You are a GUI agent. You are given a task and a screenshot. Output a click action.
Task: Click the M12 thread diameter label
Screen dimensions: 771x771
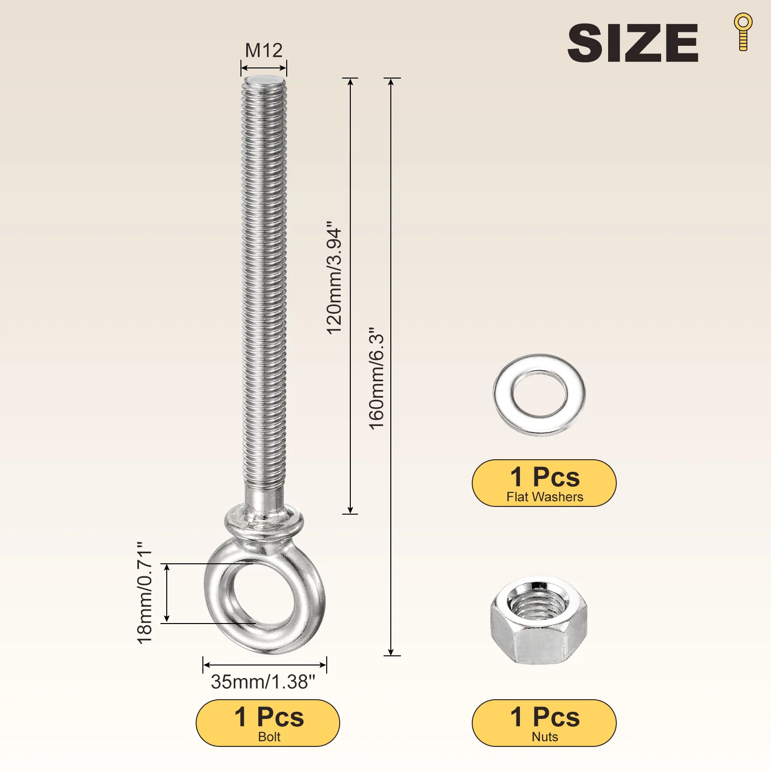coord(264,50)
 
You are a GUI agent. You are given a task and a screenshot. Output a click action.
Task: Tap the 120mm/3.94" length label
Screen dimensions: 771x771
coord(334,278)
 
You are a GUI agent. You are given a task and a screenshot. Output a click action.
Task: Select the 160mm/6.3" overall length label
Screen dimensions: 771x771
coord(376,379)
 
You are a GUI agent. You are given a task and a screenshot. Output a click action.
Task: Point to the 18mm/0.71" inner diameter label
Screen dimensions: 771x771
coord(145,593)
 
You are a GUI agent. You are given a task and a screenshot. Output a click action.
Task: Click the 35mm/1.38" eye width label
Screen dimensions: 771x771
coord(263,682)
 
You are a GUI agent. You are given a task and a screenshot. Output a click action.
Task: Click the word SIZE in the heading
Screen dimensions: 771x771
coord(633,43)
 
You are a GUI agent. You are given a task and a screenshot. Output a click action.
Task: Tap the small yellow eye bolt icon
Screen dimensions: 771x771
coord(743,32)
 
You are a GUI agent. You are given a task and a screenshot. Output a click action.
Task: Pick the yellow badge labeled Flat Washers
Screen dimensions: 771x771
coord(544,483)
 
